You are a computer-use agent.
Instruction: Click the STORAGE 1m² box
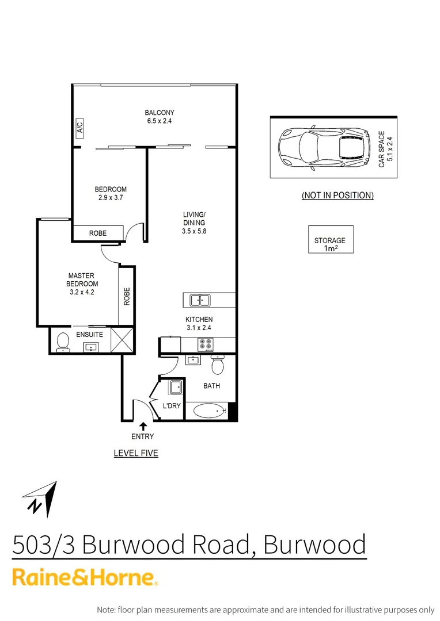[x=330, y=240]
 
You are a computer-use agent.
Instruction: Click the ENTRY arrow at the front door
[x=142, y=425]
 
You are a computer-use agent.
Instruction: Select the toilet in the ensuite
[x=62, y=343]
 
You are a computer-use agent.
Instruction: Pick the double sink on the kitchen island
[x=200, y=300]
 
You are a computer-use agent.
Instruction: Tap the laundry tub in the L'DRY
[x=176, y=387]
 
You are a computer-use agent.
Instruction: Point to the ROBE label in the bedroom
[x=97, y=233]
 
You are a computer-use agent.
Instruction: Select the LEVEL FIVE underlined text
[x=136, y=453]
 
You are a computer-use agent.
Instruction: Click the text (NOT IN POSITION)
[x=337, y=195]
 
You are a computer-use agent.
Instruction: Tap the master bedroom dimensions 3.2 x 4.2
[x=81, y=292]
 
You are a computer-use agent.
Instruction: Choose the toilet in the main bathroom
[x=218, y=365]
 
